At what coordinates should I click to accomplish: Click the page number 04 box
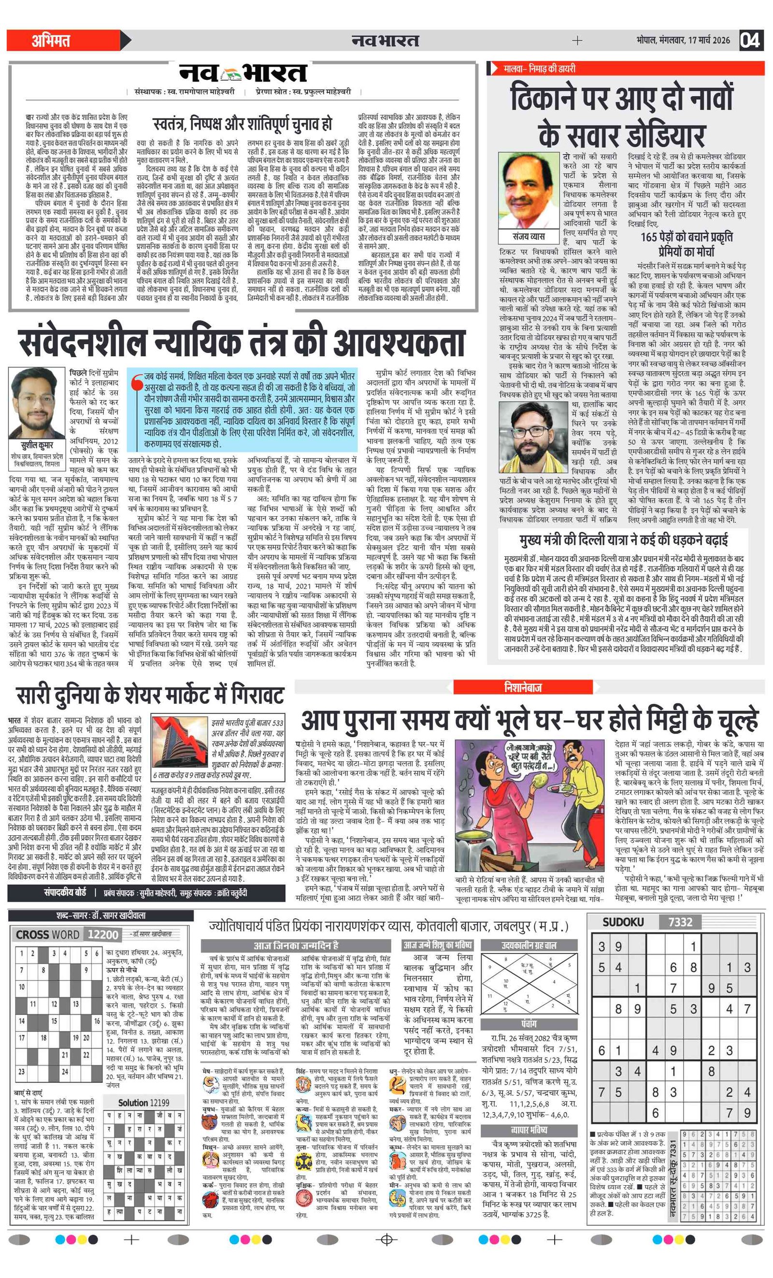(x=750, y=40)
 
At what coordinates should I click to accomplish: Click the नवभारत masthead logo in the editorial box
(x=243, y=73)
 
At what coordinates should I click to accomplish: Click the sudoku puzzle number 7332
(x=680, y=921)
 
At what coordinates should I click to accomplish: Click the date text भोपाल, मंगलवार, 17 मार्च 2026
(x=683, y=41)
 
